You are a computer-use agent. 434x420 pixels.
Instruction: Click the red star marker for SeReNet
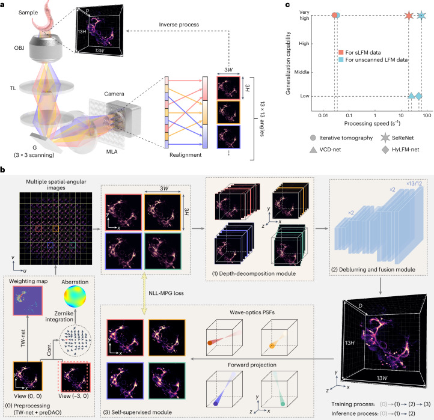point(409,16)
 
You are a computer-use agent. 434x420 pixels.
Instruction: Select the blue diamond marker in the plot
point(418,96)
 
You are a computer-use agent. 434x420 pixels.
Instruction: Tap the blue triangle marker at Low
point(411,96)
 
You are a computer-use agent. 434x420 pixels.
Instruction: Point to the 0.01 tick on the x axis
point(323,115)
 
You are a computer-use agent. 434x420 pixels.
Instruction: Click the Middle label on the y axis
point(302,72)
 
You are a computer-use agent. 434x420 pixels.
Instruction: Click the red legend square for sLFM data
point(341,52)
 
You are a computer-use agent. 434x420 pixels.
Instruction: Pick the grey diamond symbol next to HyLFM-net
point(385,150)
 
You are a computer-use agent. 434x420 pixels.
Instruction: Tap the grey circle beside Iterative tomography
point(313,138)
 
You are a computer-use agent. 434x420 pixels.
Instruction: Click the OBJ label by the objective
point(19,48)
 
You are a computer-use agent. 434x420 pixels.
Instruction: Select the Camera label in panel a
point(114,94)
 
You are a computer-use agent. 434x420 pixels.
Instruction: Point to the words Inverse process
point(179,25)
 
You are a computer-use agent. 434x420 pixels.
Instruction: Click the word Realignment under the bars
point(186,155)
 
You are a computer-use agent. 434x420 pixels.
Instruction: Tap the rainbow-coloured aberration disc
point(75,297)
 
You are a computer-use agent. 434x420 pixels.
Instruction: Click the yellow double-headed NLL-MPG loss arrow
point(144,294)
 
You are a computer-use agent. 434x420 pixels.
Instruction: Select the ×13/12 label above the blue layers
point(414,183)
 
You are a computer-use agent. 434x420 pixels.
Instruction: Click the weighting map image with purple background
point(28,301)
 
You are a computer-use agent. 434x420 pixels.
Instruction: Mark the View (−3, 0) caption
point(73,396)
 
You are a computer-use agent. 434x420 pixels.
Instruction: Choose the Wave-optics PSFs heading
point(252,312)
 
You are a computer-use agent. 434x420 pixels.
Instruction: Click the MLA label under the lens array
point(112,152)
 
